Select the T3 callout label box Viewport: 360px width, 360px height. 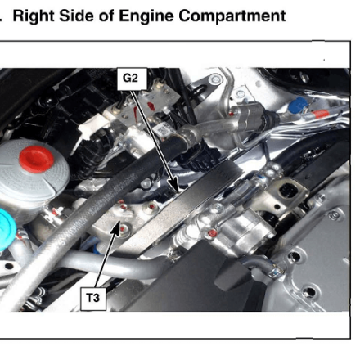[93, 298]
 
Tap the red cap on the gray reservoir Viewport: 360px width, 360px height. [36, 160]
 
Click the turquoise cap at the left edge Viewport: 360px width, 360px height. [6, 229]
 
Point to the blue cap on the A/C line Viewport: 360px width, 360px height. [298, 105]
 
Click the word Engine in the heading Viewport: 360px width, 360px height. [146, 16]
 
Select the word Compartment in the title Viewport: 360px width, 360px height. [232, 16]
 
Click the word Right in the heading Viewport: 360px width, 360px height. [34, 16]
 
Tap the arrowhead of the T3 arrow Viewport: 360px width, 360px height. [116, 227]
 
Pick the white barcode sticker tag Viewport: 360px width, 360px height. [163, 129]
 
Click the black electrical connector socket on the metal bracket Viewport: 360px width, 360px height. [289, 190]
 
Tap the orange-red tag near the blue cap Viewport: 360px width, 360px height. [320, 114]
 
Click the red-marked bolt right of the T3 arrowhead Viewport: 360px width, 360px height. [123, 228]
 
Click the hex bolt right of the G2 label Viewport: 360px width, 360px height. [215, 79]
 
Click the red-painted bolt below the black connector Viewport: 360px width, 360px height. [213, 233]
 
